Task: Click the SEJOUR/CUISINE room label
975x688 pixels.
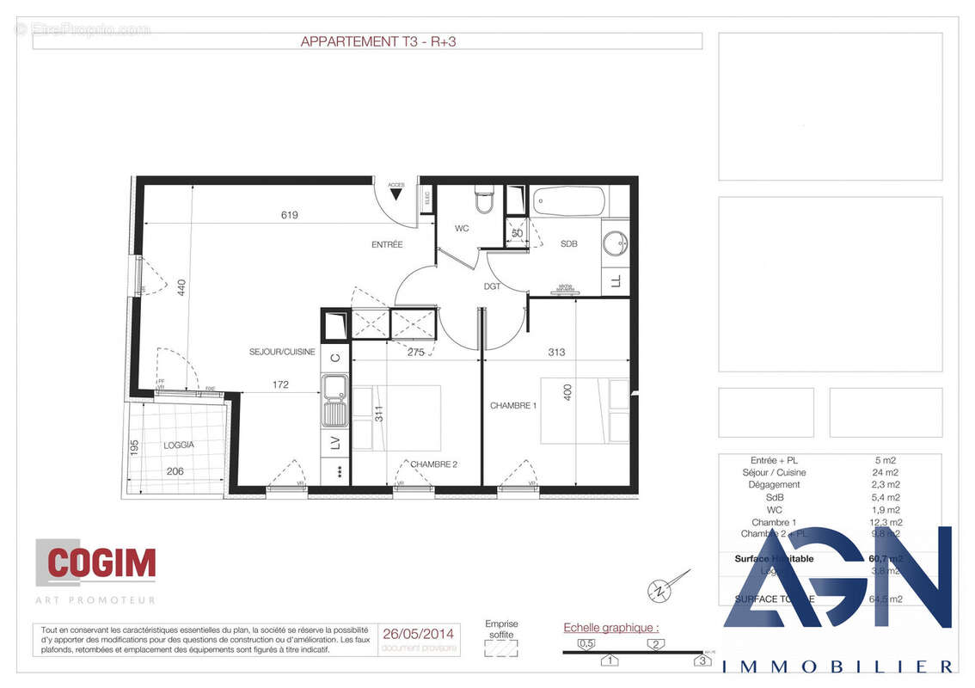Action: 282,352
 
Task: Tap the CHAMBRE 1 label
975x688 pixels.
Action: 513,405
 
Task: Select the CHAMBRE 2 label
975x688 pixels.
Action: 433,464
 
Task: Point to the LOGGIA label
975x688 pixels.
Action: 179,445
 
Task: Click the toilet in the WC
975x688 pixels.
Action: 484,200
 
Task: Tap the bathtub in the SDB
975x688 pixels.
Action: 568,202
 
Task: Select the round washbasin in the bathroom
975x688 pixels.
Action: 615,243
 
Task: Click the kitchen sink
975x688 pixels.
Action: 334,402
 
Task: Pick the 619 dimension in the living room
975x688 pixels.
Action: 289,215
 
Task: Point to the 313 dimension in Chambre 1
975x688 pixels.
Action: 555,352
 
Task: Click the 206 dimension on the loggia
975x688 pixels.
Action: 176,471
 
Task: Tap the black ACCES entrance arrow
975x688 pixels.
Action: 396,194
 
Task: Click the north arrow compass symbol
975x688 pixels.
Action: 659,589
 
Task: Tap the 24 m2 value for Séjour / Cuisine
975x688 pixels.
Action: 886,472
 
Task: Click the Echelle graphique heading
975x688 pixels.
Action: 610,628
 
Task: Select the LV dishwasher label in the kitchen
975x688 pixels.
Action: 335,444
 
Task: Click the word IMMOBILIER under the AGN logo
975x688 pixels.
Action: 837,666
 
